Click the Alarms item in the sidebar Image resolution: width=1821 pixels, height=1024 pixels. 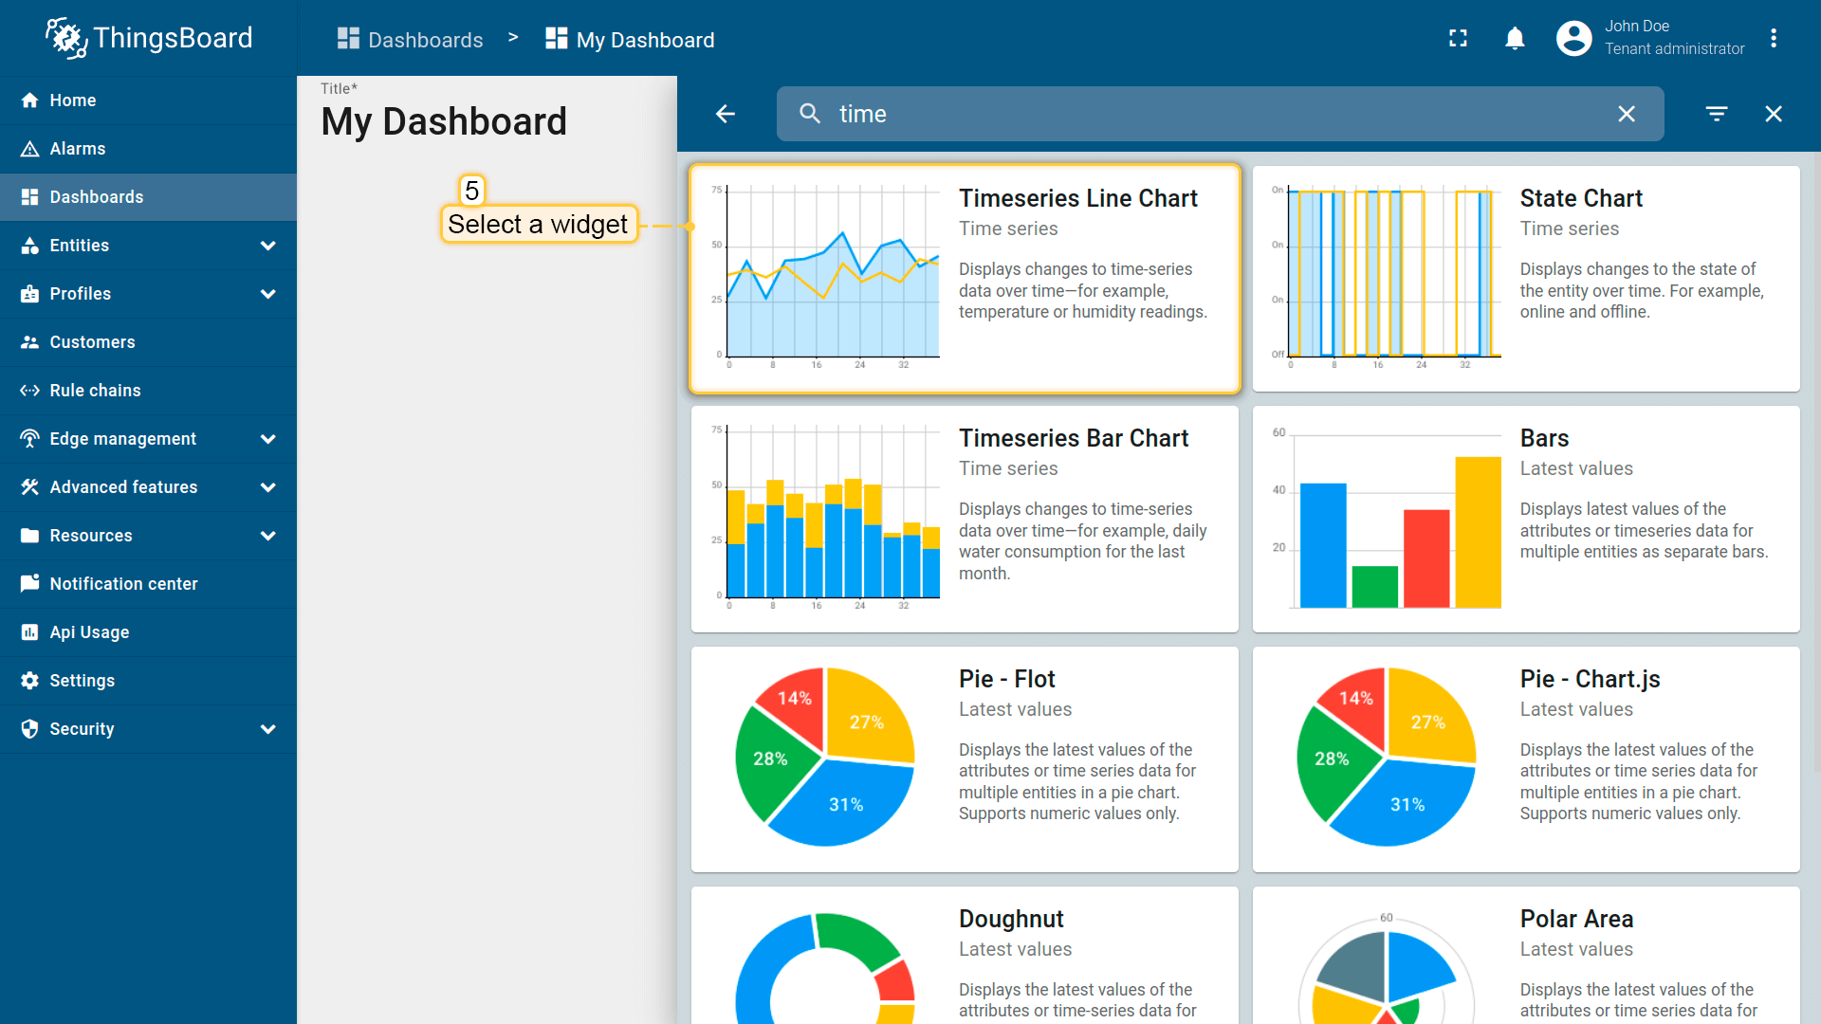[x=77, y=149]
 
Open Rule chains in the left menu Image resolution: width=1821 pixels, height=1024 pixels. [x=95, y=391]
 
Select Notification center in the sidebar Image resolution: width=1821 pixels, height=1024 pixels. [x=123, y=584]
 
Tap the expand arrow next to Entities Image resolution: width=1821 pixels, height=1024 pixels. [x=268, y=246]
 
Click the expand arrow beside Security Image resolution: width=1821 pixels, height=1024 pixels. [x=268, y=729]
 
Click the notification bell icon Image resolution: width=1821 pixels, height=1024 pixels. [x=1515, y=39]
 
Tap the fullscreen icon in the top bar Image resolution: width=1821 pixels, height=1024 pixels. [x=1458, y=39]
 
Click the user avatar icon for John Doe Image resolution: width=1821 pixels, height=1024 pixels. [x=1573, y=39]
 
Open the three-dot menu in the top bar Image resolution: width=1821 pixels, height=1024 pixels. [x=1774, y=39]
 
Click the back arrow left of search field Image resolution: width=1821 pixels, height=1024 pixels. [x=726, y=114]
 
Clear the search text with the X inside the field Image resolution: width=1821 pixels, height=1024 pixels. [x=1627, y=114]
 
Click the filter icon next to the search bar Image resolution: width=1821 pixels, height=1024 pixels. [x=1717, y=114]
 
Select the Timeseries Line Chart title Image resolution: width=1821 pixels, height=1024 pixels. [x=1078, y=198]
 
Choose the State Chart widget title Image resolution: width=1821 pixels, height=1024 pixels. [x=1581, y=198]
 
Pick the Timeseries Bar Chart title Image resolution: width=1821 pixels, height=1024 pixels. [x=1074, y=438]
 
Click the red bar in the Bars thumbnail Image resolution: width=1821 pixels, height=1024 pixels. [x=1426, y=558]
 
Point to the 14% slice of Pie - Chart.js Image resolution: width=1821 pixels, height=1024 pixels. [x=1354, y=699]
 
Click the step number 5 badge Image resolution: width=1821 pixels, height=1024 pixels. [x=471, y=191]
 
